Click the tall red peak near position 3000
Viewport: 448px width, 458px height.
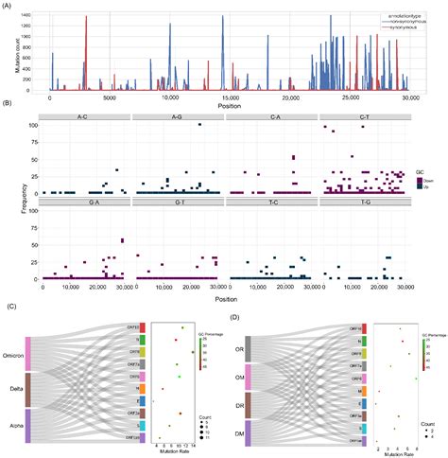[86, 19]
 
